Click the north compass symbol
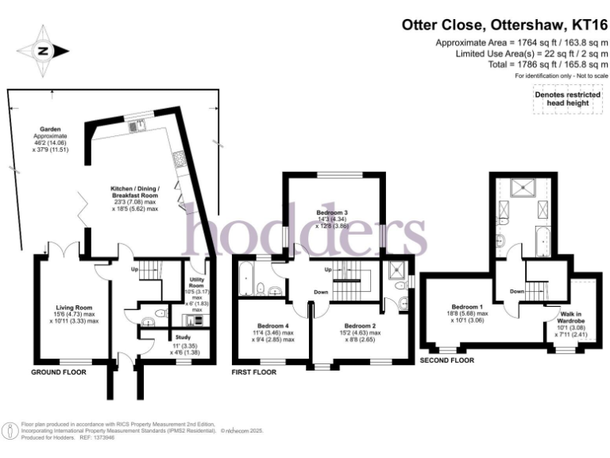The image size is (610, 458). [x=43, y=51]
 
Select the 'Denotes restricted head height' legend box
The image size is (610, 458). [x=567, y=99]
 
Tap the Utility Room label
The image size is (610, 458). [x=199, y=285]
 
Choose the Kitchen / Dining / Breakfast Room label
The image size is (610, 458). [x=135, y=194]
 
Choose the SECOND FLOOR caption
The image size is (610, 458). [x=446, y=360]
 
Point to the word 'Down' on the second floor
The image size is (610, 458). [x=516, y=291]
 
